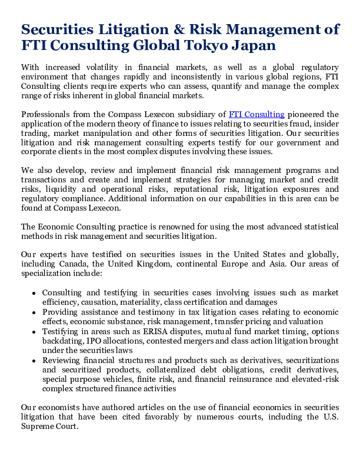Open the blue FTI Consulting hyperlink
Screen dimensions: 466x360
coord(256,114)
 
